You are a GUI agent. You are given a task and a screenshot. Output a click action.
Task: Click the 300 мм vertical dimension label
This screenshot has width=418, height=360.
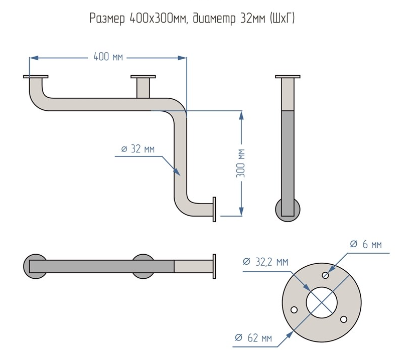point(241,162)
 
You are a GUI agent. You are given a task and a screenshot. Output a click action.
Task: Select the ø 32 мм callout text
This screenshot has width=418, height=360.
point(137,149)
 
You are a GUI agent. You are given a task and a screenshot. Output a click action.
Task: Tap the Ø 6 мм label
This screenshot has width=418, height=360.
point(365,244)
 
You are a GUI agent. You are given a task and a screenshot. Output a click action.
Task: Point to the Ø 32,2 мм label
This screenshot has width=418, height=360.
point(265,262)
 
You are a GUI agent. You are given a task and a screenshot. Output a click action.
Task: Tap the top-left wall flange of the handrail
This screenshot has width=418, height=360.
point(36,77)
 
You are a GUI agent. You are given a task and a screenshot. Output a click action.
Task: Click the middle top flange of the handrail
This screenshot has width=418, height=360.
point(143,77)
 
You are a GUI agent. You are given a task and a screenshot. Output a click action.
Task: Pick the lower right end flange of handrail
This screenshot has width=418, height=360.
point(215,208)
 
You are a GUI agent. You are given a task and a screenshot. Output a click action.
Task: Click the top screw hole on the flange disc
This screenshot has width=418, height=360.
point(326,274)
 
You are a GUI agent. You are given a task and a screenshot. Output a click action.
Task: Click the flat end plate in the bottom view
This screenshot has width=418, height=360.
point(215,265)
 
